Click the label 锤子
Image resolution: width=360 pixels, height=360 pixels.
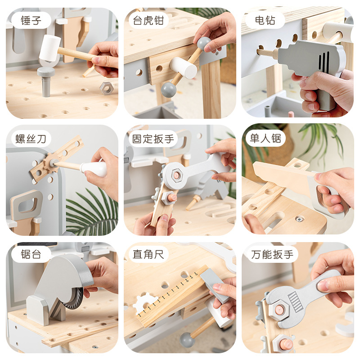(x=31, y=20)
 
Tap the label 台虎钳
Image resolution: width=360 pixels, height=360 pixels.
(x=148, y=20)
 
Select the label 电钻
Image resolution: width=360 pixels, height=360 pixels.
(x=265, y=20)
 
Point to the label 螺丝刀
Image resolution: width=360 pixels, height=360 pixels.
(x=31, y=139)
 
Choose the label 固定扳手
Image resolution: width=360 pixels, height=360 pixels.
(x=153, y=139)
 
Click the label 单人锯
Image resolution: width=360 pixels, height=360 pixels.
(x=265, y=139)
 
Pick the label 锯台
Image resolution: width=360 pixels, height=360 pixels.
(x=31, y=254)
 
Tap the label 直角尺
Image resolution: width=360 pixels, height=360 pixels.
(x=148, y=254)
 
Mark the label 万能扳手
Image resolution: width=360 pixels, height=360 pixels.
(x=272, y=254)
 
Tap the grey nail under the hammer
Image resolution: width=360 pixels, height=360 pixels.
(x=46, y=81)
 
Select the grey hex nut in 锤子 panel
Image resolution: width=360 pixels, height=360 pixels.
(x=107, y=88)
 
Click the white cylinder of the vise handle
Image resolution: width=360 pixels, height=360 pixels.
(x=184, y=68)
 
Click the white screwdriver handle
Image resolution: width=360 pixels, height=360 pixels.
(x=94, y=169)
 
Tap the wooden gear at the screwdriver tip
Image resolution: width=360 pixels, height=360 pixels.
(x=51, y=163)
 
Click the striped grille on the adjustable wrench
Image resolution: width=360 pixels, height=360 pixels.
(x=295, y=301)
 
